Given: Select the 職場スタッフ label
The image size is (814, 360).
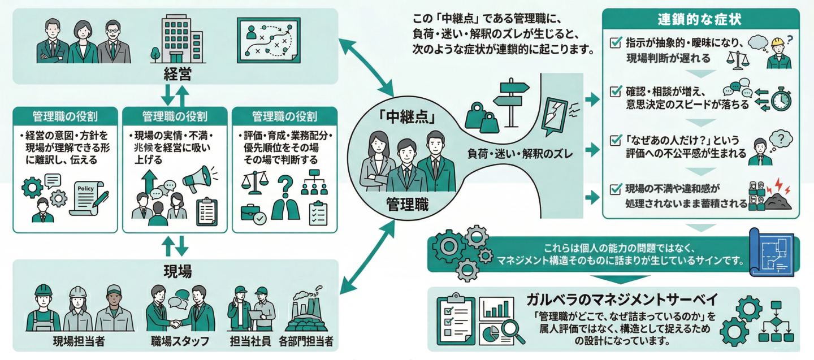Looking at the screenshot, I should click(180, 341).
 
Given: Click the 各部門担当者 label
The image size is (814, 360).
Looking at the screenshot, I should click(306, 341).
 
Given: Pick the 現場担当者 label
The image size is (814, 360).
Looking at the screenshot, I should click(79, 341).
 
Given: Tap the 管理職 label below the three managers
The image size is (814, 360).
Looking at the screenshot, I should click(407, 204).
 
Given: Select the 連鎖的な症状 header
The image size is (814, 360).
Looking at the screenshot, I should click(699, 19).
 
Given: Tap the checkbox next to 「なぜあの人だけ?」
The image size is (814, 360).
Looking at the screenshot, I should click(616, 140).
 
